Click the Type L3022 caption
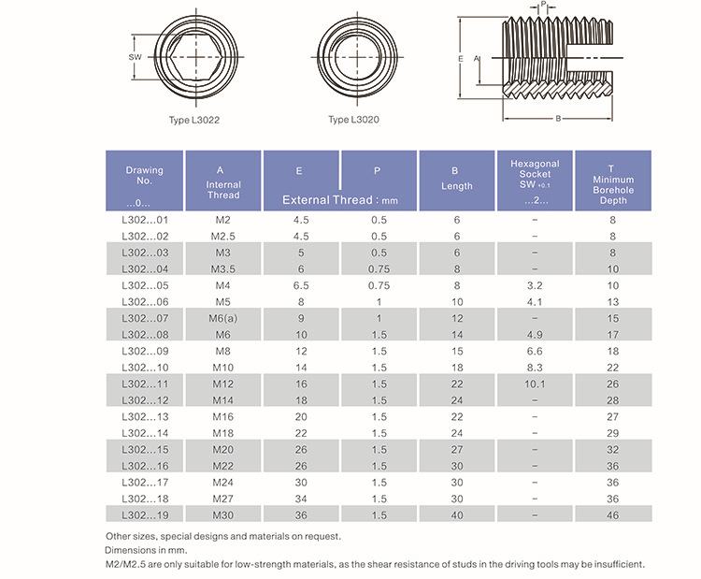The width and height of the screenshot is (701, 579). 194,121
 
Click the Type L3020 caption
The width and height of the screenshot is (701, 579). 353,121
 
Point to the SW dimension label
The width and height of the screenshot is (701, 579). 135,58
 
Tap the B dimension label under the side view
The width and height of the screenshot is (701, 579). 558,119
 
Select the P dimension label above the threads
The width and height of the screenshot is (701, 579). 544,5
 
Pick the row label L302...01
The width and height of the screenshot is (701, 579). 144,220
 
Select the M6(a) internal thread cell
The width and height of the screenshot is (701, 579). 222,318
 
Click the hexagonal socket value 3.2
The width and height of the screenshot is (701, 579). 535,285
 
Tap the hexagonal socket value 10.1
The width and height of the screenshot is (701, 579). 535,384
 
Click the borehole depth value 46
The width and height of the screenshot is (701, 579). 612,515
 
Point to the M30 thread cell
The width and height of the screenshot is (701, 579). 222,515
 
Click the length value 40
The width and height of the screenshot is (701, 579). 456,515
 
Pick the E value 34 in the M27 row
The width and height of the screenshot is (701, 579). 301,499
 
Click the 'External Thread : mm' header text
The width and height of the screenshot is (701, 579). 339,200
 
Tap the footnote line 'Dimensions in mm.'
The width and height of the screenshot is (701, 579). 141,550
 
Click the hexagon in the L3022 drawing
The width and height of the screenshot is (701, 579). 194,58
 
